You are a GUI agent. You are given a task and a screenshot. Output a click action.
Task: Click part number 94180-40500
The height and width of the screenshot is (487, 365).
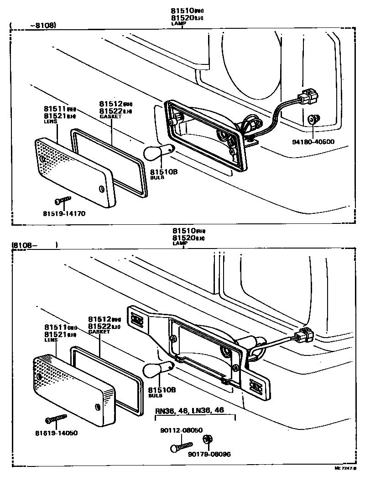click(313, 142)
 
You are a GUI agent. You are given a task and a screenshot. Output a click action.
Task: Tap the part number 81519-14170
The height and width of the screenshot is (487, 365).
click(64, 213)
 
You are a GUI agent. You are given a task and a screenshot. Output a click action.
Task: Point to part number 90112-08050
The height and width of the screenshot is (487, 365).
click(181, 430)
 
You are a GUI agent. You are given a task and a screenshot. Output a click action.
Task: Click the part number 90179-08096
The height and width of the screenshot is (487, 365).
click(209, 454)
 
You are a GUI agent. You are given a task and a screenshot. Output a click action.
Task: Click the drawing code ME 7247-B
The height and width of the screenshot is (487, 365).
click(344, 468)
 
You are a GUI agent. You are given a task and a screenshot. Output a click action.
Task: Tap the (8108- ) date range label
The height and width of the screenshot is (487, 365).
click(35, 245)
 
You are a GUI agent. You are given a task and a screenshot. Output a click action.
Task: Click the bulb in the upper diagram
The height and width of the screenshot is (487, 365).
click(157, 153)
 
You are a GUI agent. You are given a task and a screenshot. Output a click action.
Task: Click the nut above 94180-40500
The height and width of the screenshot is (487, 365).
click(312, 119)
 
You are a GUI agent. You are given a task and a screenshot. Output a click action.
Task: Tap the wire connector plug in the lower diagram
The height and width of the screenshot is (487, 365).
click(303, 337)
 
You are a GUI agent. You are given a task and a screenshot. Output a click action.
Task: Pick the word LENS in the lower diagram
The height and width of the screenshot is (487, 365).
click(51, 340)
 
